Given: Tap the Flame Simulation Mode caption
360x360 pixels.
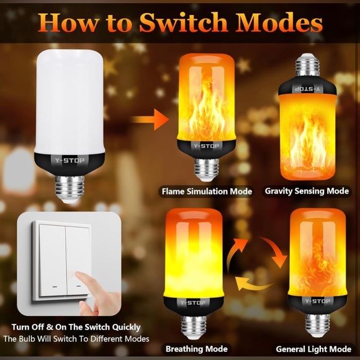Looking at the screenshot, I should [x=207, y=191].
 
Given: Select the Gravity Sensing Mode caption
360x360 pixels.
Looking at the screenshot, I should [x=307, y=191].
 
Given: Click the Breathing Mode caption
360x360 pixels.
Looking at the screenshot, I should [x=196, y=349].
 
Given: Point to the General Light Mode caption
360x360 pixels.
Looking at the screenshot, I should [x=313, y=349].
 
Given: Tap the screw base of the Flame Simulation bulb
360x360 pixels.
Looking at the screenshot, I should [x=207, y=169].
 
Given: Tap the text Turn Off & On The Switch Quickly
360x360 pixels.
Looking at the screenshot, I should [x=76, y=327].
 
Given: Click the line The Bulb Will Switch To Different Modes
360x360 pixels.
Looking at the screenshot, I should [x=76, y=339].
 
